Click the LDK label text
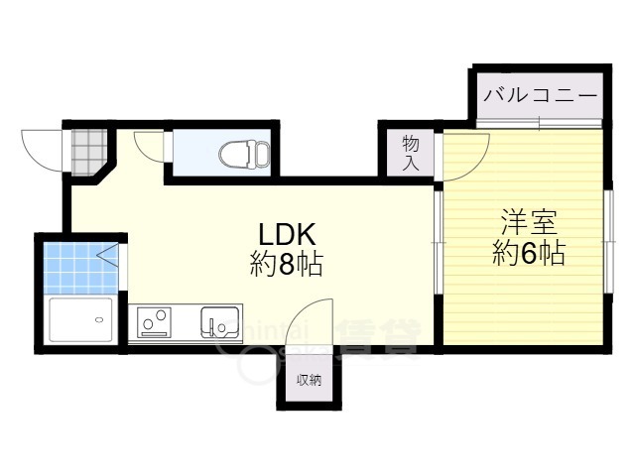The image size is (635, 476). pos(287,235)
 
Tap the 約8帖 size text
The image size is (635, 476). pos(287,265)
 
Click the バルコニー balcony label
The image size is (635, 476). pos(541,97)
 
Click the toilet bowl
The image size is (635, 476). pos(243,154)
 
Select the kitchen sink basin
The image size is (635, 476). pos(219,321)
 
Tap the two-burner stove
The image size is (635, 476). pos(155,322)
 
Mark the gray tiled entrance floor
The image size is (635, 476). pos(86,149)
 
